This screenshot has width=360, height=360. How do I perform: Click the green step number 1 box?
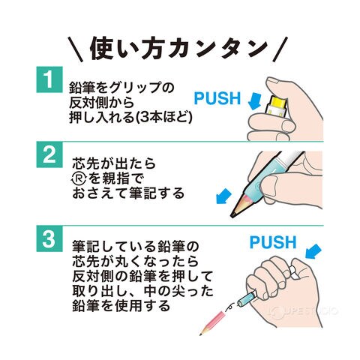pyautogui.click(x=49, y=79)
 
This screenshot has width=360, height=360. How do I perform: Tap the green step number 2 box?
pyautogui.click(x=49, y=154)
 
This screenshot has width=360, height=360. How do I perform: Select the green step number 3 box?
pyautogui.click(x=49, y=238)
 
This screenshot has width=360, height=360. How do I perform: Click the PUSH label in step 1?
pyautogui.click(x=217, y=98)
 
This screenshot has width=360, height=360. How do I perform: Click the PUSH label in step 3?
pyautogui.click(x=273, y=242)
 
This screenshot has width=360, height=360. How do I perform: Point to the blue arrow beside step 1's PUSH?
pyautogui.click(x=254, y=100)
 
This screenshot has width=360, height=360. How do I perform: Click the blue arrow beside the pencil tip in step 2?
pyautogui.click(x=223, y=196)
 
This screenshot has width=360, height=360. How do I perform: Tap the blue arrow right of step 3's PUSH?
pyautogui.click(x=313, y=251)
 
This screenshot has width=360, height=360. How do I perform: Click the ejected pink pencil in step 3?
pyautogui.click(x=212, y=322)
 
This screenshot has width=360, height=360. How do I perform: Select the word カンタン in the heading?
pyautogui.click(x=218, y=49)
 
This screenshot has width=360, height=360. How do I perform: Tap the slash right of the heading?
pyautogui.click(x=280, y=49)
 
